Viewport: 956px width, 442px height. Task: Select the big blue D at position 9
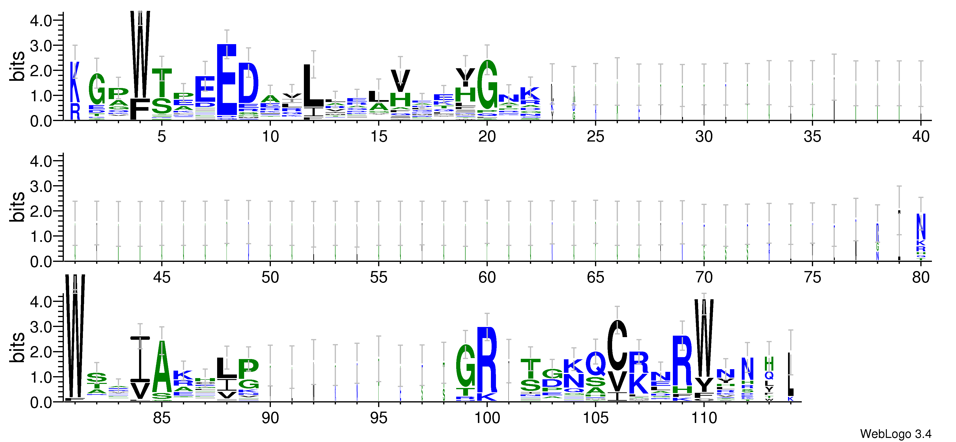coord(248,83)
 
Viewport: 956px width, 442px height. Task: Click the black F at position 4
coord(140,109)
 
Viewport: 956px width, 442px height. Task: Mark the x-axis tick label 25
coord(595,137)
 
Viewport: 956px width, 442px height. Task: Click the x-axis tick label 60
coord(487,278)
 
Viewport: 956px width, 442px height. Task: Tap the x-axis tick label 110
coord(704,418)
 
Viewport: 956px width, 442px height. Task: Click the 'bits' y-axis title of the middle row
coord(17,207)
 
